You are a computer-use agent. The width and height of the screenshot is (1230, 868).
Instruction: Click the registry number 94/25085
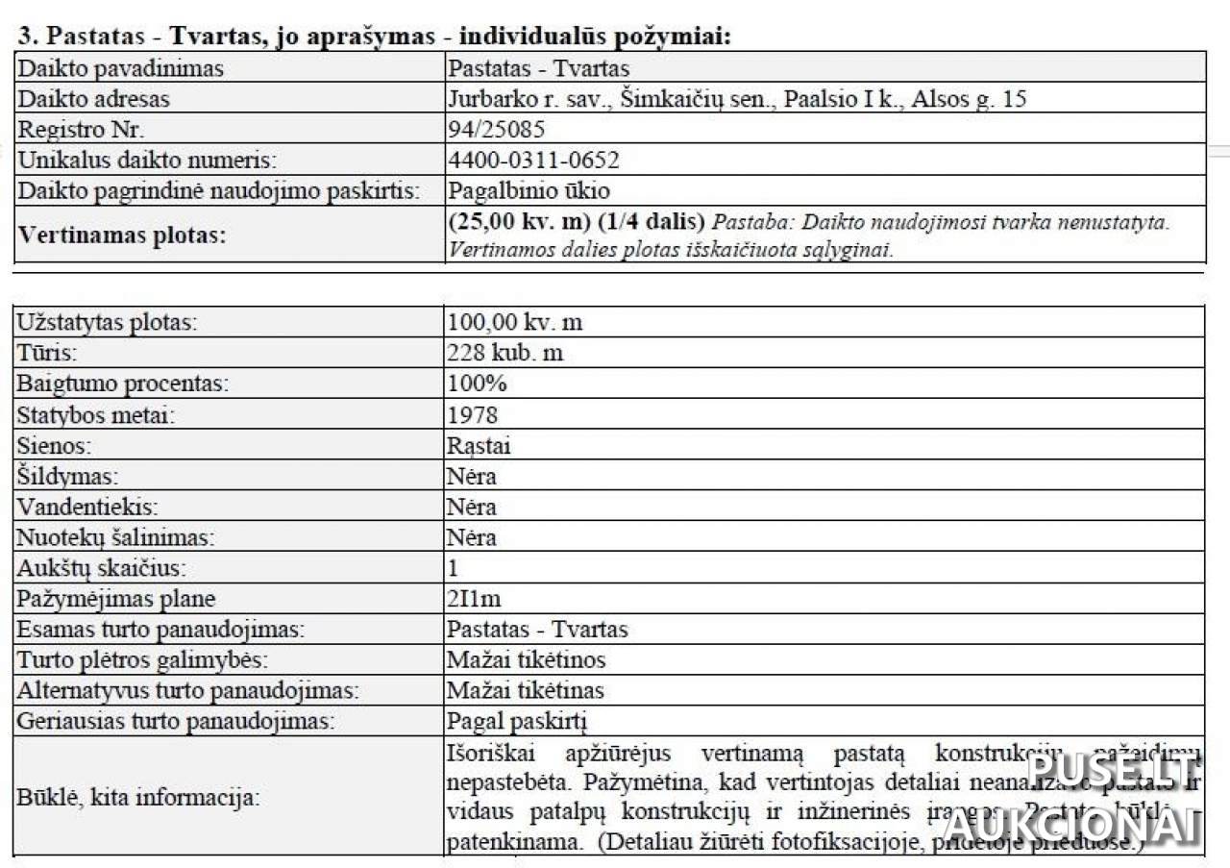click(x=496, y=130)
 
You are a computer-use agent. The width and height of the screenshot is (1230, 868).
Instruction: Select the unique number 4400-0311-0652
click(x=533, y=160)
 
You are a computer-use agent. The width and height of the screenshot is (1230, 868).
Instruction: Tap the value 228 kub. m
click(x=504, y=353)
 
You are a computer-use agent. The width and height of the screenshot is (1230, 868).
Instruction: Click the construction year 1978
click(x=473, y=415)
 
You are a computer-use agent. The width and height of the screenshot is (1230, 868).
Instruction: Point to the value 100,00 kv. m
click(x=514, y=322)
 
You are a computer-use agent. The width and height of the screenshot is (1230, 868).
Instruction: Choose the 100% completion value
click(x=477, y=384)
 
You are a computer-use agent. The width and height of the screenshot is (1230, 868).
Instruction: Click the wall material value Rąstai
click(x=479, y=446)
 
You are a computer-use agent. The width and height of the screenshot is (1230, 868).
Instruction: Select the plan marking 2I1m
click(x=474, y=599)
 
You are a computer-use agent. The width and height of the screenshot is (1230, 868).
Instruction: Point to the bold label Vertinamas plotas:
click(x=121, y=236)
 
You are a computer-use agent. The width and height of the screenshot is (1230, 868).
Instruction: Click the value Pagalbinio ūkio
click(x=529, y=190)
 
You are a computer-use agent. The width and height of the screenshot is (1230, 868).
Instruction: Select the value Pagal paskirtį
click(x=517, y=721)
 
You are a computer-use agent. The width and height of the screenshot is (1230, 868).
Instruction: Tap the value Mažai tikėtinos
click(x=526, y=659)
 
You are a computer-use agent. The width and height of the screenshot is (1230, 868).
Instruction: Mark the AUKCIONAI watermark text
click(x=1071, y=825)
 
